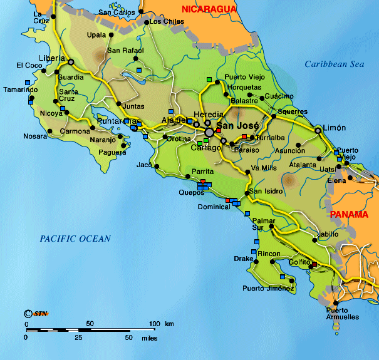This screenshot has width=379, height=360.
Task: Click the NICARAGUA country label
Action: click(x=209, y=9)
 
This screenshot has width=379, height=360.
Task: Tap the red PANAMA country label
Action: click(x=349, y=214)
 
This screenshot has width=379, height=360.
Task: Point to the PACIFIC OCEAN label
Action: click(x=75, y=239)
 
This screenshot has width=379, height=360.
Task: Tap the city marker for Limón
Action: click(x=318, y=130)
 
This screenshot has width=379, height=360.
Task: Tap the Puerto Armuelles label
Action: click(x=343, y=314)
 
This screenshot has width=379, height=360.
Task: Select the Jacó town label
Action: click(x=145, y=165)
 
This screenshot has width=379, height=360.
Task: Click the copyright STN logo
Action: click(x=36, y=313)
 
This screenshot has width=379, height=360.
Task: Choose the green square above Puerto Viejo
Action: click(x=210, y=79)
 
